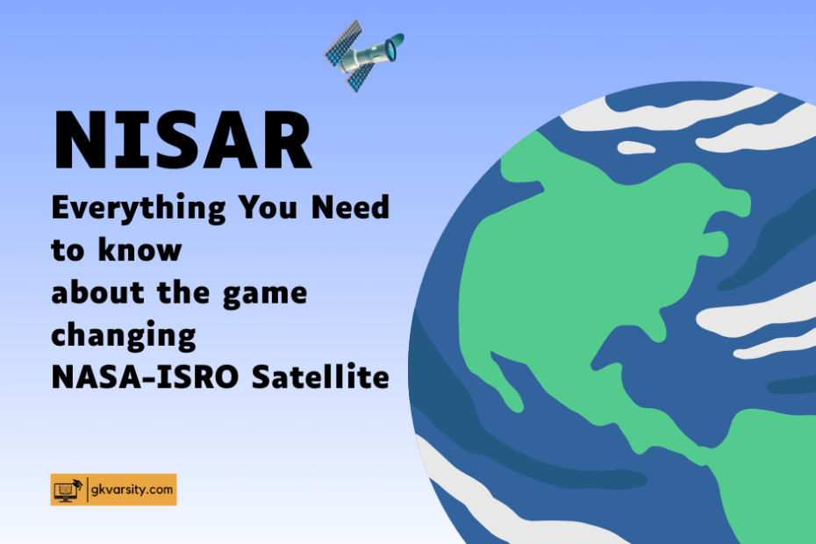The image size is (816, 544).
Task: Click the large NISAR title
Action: click(183, 140)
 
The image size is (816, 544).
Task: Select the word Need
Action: click(350, 207)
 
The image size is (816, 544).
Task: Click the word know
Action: click(140, 249)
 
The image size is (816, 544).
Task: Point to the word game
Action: click(265, 295)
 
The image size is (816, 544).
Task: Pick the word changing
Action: click(124, 336)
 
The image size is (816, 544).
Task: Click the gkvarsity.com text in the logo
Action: click(132, 490)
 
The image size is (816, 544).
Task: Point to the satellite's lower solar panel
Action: click(360, 77)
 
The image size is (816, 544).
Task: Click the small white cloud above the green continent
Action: click(636, 147)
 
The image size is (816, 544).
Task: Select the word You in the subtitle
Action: click(268, 207)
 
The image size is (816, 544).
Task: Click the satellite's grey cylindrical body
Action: click(363, 57)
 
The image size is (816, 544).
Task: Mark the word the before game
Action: click(183, 292)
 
